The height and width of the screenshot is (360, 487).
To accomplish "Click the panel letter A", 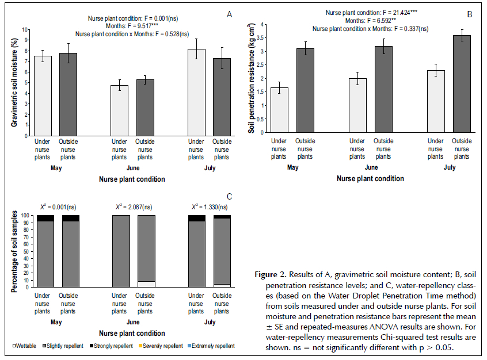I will (230, 14).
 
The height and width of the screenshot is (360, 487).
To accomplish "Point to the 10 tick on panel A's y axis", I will (24, 29).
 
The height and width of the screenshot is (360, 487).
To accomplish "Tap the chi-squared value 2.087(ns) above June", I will (136, 206).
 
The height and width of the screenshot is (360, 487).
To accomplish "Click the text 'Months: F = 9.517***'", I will (131, 25).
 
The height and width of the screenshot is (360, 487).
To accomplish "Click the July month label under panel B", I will (450, 168).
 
